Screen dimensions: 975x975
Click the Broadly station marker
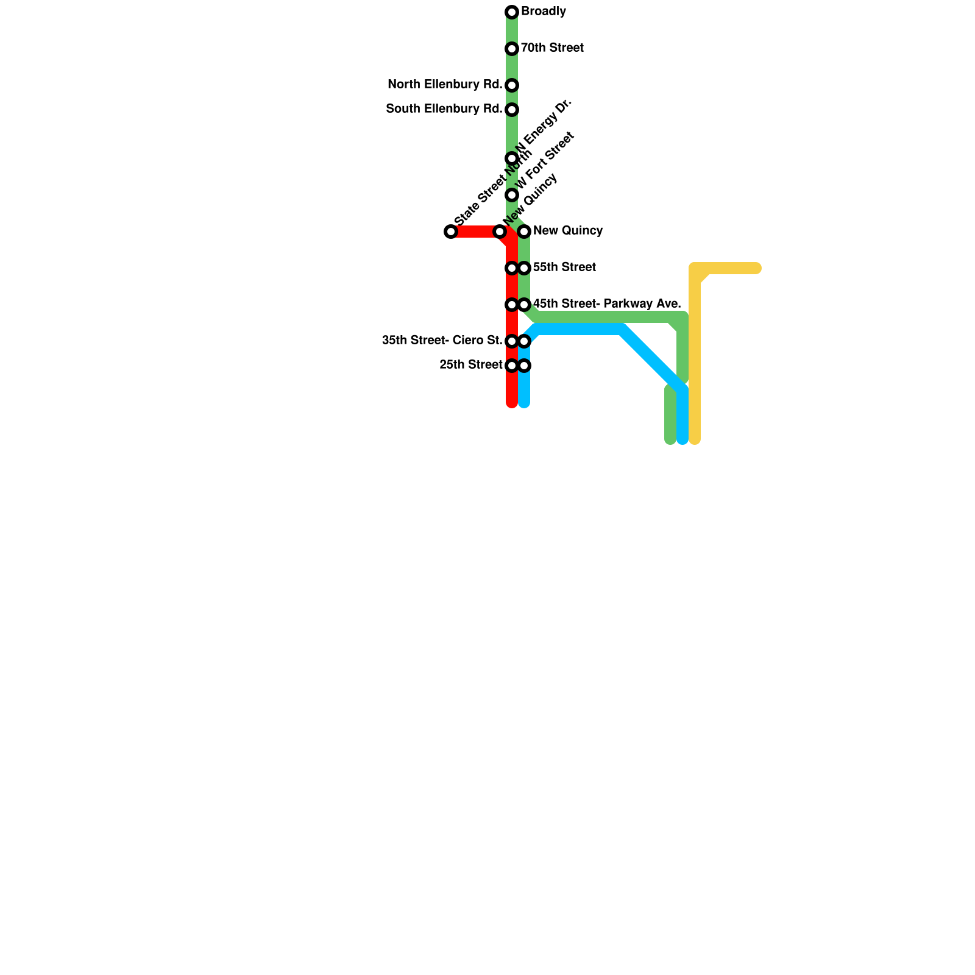pos(512,12)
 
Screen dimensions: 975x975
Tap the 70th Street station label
pos(552,48)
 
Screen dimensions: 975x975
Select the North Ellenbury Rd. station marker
pos(512,85)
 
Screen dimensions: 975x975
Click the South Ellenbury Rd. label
pos(444,109)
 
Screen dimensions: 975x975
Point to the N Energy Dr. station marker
pos(512,158)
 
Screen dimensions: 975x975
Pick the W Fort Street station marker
pos(512,195)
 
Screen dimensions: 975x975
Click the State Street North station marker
pos(451,232)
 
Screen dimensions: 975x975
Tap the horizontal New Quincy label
pos(567,231)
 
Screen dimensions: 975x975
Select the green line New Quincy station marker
pos(524,232)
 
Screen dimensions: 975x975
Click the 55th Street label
pos(564,268)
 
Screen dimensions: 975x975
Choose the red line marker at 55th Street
pos(512,268)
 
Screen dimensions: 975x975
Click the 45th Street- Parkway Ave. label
pos(606,304)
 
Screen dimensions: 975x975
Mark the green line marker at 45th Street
pos(524,305)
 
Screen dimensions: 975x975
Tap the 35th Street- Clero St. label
pos(442,341)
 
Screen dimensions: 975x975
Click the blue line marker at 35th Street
pos(524,341)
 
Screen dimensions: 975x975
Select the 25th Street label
pos(470,365)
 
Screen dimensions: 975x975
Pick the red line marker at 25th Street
pos(512,366)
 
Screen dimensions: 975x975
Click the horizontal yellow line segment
pos(731,268)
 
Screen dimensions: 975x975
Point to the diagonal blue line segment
pos(652,360)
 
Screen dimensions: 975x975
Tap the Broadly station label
pos(544,12)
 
